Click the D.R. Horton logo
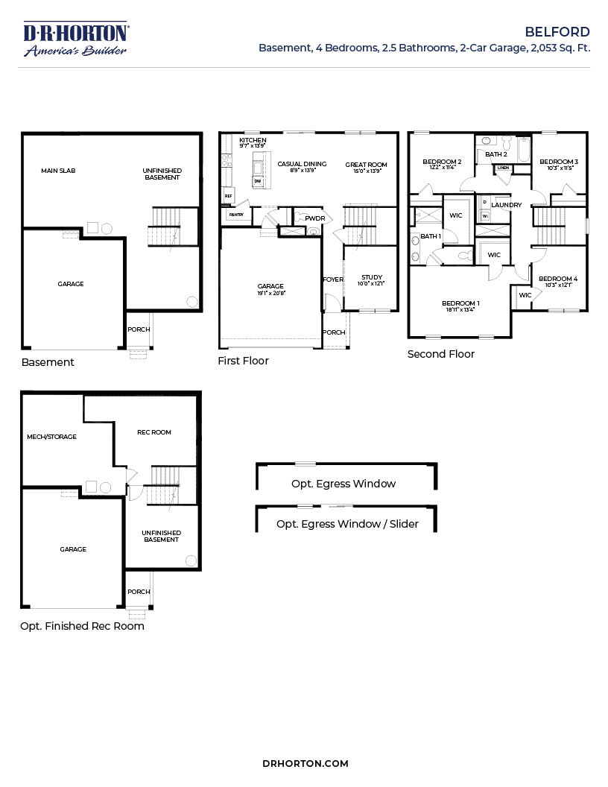coord(76,39)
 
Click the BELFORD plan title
coord(557,32)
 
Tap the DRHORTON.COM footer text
coord(305,763)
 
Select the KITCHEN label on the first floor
coord(253,140)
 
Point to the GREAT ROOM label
coord(366,164)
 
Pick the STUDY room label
coord(372,277)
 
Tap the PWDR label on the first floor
coord(314,218)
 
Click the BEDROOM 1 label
coord(460,303)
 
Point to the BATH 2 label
coord(495,154)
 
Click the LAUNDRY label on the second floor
coord(507,205)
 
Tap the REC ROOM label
coord(154,432)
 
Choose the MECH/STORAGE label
coord(52,437)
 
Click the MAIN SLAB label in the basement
coord(58,171)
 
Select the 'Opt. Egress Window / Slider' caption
coord(347,524)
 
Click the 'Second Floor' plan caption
coord(441,354)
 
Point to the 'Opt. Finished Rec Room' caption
coord(82,626)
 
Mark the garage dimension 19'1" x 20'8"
coord(270,293)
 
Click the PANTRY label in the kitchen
coord(236,214)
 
